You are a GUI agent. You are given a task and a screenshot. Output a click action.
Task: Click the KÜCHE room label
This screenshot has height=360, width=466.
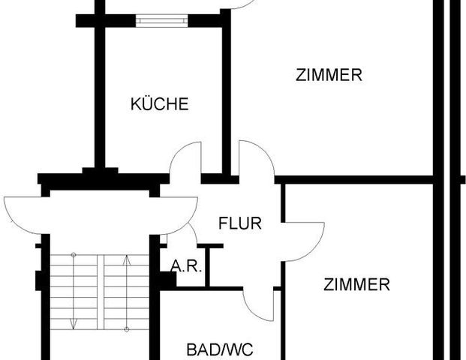pos(160,104)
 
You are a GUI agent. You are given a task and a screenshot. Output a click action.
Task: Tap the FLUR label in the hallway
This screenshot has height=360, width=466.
pos(240,223)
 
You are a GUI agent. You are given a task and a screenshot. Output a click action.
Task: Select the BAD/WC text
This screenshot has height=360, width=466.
pos(220,349)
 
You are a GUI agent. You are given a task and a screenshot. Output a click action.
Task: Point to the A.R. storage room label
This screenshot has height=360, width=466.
pos(186,266)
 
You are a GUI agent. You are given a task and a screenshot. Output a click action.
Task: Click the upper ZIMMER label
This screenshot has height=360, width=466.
pos(329,75)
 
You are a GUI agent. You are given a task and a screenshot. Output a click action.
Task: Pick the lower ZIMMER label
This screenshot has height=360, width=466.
pos(356,284)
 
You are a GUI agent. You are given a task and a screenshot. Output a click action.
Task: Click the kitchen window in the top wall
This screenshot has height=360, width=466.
pos(162,21)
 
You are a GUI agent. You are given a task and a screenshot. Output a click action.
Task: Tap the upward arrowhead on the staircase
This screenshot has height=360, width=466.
pos(127,259)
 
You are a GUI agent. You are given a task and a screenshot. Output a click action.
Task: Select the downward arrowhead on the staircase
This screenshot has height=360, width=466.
pos(74,324)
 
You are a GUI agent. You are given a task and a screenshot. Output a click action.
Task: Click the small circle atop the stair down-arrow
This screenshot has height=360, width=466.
pos(74,255)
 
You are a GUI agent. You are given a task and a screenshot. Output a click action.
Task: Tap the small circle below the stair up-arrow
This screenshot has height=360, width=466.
pos(127,329)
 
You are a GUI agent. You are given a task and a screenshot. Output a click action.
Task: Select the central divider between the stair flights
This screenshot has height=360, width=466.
pos(101,292)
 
